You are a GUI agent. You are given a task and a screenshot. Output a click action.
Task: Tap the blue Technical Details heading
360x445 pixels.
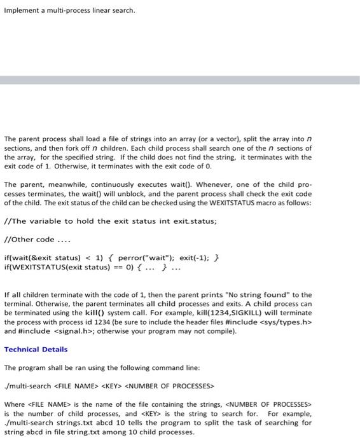36,349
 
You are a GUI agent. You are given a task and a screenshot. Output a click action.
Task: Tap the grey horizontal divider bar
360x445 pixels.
180,81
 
